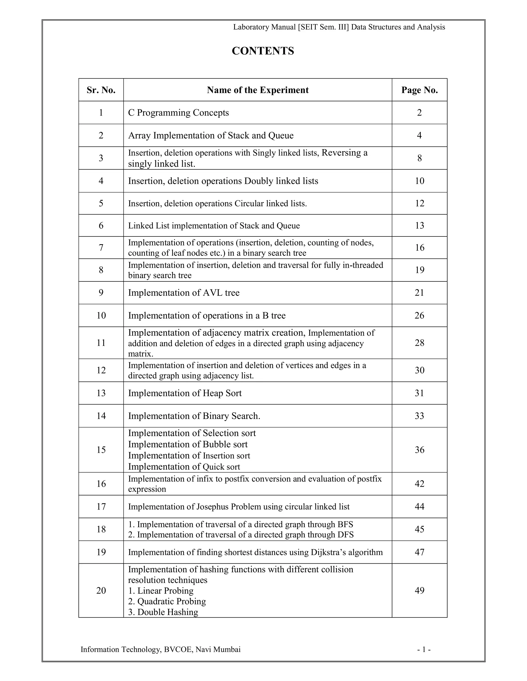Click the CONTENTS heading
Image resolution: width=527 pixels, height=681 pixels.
(263, 51)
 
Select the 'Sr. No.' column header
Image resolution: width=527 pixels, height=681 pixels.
(101, 90)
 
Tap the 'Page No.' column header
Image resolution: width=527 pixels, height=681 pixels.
(419, 90)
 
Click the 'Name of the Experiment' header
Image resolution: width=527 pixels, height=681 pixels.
(258, 90)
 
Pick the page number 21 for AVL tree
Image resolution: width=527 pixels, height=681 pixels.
(419, 293)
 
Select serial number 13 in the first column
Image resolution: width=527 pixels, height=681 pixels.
(101, 393)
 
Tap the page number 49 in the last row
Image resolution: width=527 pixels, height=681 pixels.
(419, 590)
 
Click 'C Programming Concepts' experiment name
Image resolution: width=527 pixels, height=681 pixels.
(178, 113)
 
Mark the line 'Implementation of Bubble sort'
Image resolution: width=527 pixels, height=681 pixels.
(188, 444)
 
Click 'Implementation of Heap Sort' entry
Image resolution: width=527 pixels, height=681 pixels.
(185, 393)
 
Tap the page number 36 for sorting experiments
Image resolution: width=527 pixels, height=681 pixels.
(419, 450)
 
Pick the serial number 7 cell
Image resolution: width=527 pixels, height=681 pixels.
(101, 247)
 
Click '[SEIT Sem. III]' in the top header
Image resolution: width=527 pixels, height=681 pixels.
(323, 27)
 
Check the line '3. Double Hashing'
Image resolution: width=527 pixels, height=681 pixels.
(163, 612)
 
